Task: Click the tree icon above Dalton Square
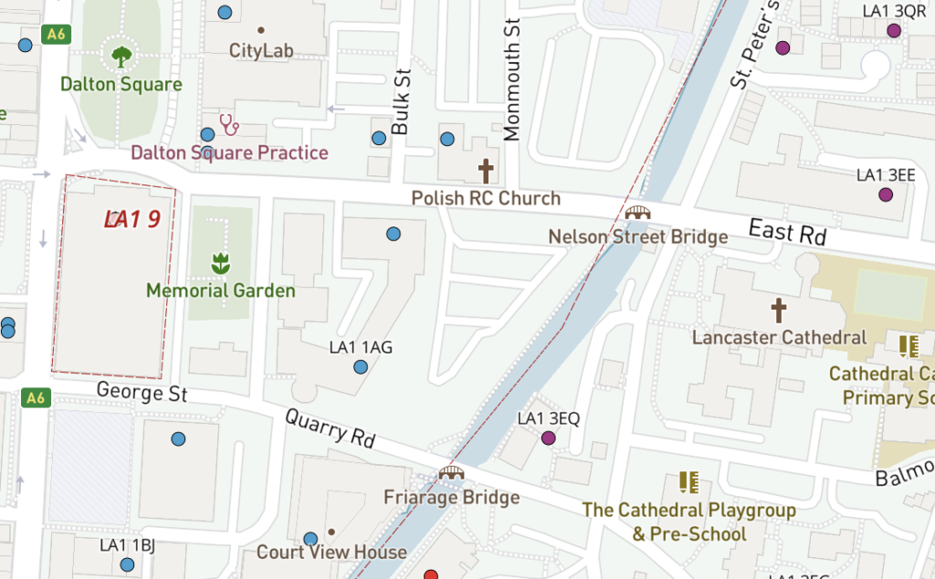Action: pyautogui.click(x=121, y=57)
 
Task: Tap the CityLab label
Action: pyautogui.click(x=261, y=50)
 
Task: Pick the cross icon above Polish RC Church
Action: pyautogui.click(x=486, y=171)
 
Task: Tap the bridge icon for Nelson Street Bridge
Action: pyautogui.click(x=637, y=212)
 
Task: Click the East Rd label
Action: pyautogui.click(x=786, y=232)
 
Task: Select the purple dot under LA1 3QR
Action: pyautogui.click(x=894, y=31)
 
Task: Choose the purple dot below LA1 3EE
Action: pyautogui.click(x=885, y=195)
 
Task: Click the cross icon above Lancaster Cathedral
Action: pyautogui.click(x=778, y=311)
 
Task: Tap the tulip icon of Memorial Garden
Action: pyautogui.click(x=220, y=264)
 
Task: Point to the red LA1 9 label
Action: pyautogui.click(x=132, y=219)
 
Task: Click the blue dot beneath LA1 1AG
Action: pyautogui.click(x=361, y=367)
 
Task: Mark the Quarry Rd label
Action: pyautogui.click(x=331, y=427)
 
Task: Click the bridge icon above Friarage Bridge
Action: pyautogui.click(x=451, y=472)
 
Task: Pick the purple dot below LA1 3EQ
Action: pyautogui.click(x=549, y=438)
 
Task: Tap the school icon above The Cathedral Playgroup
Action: pyautogui.click(x=688, y=483)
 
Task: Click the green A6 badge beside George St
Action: pyautogui.click(x=35, y=397)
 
